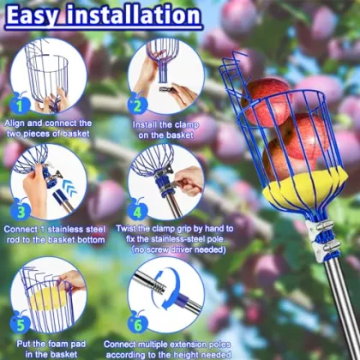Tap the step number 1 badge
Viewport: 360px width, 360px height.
click(x=20, y=105)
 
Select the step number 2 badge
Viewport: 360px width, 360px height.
click(x=135, y=105)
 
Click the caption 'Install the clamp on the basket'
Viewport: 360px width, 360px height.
click(x=166, y=128)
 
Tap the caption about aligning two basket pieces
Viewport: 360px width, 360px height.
click(x=53, y=128)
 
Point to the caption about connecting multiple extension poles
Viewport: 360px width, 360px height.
click(x=166, y=347)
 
